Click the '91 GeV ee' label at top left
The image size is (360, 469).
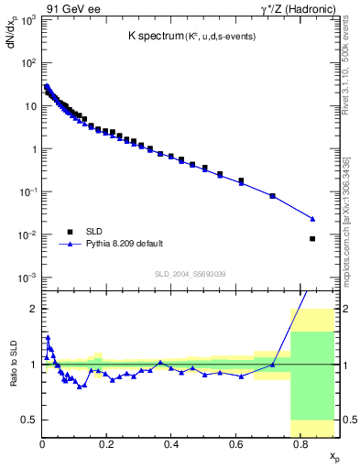(x=67, y=8)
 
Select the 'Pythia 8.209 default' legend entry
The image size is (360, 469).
(x=124, y=244)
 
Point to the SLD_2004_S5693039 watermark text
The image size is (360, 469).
(x=191, y=274)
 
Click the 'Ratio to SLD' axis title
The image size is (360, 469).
(x=12, y=381)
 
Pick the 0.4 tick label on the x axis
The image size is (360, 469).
(x=170, y=445)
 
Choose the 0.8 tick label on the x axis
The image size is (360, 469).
(x=300, y=445)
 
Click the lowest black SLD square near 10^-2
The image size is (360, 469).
(x=312, y=239)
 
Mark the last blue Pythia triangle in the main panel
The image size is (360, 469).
(x=312, y=219)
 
